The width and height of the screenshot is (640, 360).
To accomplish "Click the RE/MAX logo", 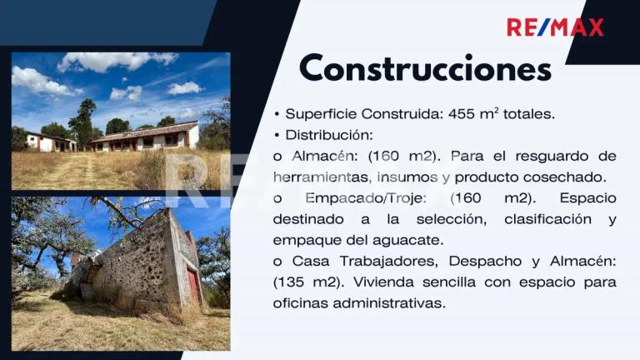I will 555,27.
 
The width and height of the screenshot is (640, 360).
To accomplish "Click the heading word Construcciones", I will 425,68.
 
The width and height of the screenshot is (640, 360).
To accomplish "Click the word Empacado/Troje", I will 366,198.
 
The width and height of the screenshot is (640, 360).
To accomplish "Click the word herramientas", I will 321,177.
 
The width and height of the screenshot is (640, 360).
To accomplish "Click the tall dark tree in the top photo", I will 83,122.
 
